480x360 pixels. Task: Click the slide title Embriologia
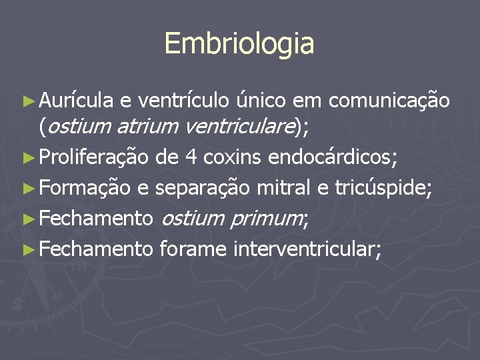click(x=239, y=44)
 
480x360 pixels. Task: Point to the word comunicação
click(x=389, y=101)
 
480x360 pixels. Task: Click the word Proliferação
click(x=95, y=158)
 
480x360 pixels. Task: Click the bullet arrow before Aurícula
click(x=28, y=102)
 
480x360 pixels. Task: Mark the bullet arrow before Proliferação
click(x=28, y=159)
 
